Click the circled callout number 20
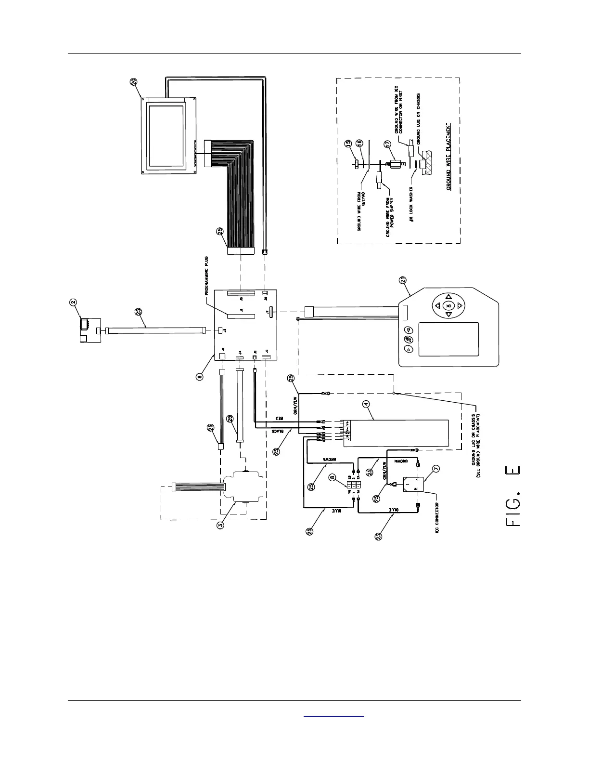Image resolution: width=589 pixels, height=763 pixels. pyautogui.click(x=133, y=81)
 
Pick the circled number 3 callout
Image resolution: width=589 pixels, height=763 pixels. pyautogui.click(x=220, y=525)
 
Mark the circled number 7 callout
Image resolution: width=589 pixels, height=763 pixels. pyautogui.click(x=436, y=468)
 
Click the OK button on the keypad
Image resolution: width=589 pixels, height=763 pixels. pyautogui.click(x=448, y=305)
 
